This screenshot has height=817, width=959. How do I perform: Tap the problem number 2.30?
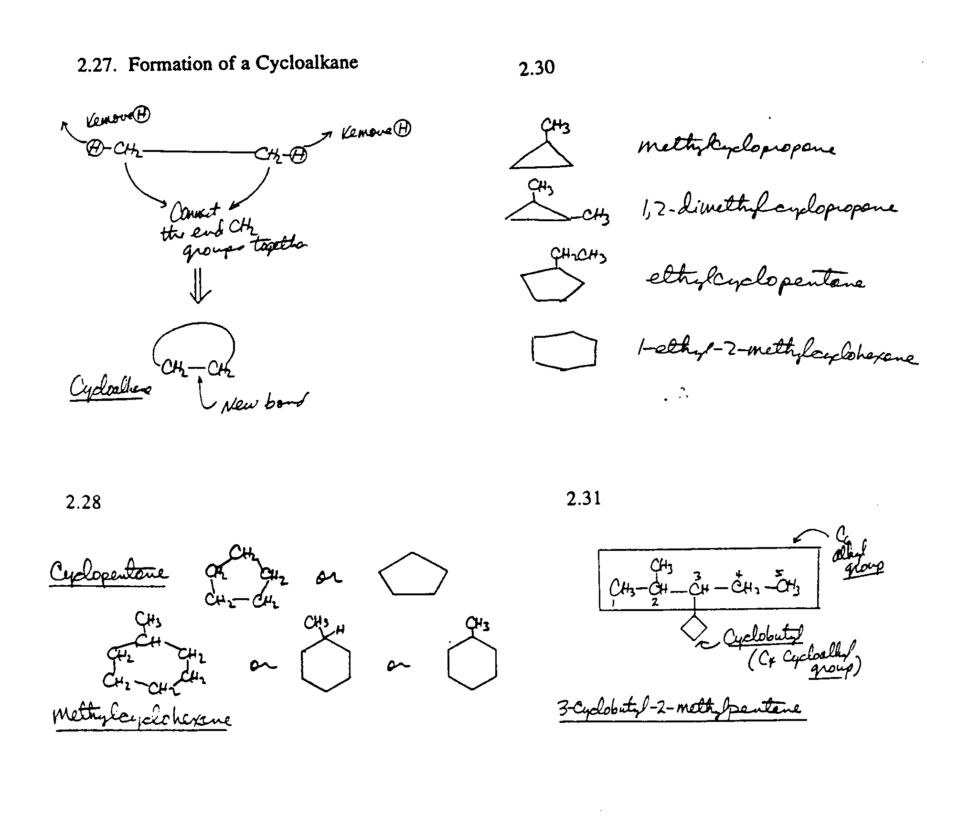[536, 68]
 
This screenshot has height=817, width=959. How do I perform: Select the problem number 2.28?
[84, 502]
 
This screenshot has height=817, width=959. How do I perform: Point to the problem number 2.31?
[584, 498]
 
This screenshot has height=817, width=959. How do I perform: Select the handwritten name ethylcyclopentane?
[755, 280]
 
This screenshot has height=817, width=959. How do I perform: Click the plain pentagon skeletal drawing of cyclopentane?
[413, 574]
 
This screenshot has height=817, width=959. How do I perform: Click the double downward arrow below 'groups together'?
[198, 285]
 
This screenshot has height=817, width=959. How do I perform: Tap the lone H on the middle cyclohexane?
[340, 630]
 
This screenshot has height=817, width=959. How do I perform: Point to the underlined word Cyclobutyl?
[763, 636]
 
